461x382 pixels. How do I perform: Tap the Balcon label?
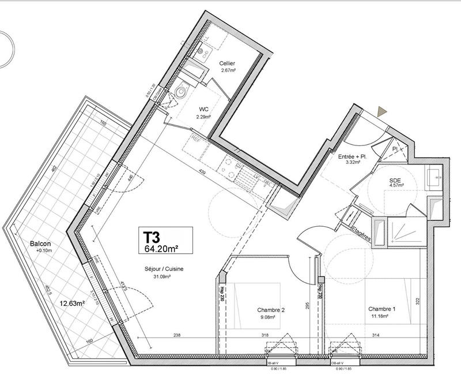[41, 244]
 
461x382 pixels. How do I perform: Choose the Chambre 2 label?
[270, 310]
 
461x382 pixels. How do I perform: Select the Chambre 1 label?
[381, 310]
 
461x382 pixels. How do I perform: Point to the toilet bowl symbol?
[183, 91]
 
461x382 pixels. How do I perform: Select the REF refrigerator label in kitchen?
[196, 138]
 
